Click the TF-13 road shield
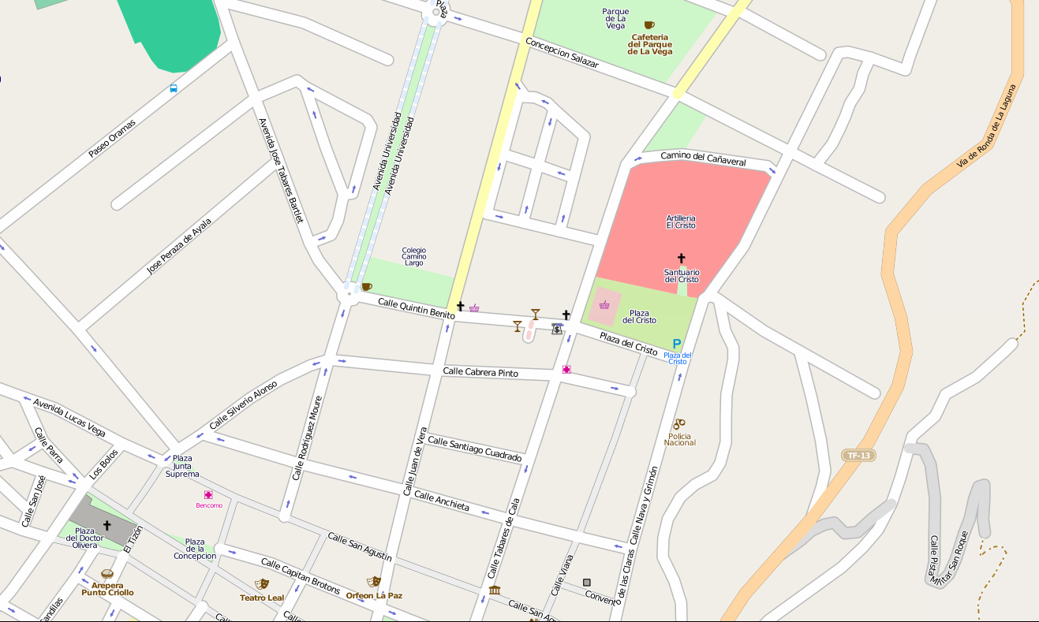pos(859,456)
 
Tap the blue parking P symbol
pos(676,344)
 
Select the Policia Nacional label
pos(679,439)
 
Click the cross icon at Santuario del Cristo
pos(681,258)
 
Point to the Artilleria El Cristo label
pos(681,222)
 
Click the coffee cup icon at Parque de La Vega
pos(649,25)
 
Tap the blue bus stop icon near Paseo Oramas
pos(174,88)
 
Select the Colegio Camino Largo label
pos(413,256)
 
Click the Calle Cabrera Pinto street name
pos(480,371)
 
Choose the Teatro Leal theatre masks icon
pos(261,584)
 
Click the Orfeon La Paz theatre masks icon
pos(374,582)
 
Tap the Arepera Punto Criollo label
pos(107,588)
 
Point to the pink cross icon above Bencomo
pos(208,494)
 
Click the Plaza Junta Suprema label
pos(182,466)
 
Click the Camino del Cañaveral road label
pos(703,158)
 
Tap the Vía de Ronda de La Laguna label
pos(986,126)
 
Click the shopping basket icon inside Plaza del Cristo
pos(604,305)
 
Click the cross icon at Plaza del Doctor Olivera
pos(107,525)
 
